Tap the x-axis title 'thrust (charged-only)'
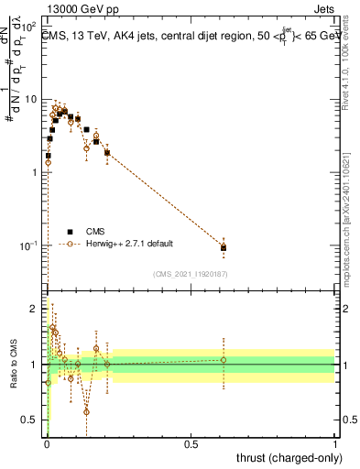(x=289, y=457)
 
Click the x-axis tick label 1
(x=334, y=444)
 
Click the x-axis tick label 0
(x=47, y=444)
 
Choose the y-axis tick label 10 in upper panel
(x=31, y=99)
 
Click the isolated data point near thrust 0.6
(x=224, y=246)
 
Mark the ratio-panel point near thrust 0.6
(x=224, y=359)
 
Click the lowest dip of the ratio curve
(x=86, y=411)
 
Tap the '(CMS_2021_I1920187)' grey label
(x=191, y=273)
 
